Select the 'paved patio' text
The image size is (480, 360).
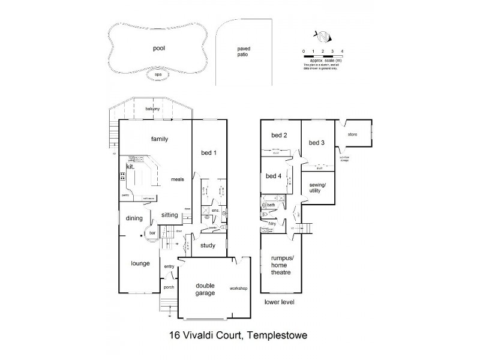pyautogui.click(x=242, y=52)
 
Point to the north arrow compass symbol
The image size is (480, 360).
pyautogui.click(x=323, y=37)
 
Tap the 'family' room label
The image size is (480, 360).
pyautogui.click(x=159, y=139)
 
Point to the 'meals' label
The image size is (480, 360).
pyautogui.click(x=176, y=179)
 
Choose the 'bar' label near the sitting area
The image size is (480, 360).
pyautogui.click(x=152, y=232)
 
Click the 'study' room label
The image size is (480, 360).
pyautogui.click(x=208, y=245)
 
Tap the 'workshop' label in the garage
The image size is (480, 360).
pyautogui.click(x=238, y=289)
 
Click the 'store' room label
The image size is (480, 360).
pyautogui.click(x=352, y=134)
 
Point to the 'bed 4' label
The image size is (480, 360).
pyautogui.click(x=273, y=176)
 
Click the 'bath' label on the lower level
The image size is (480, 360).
pyautogui.click(x=271, y=205)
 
